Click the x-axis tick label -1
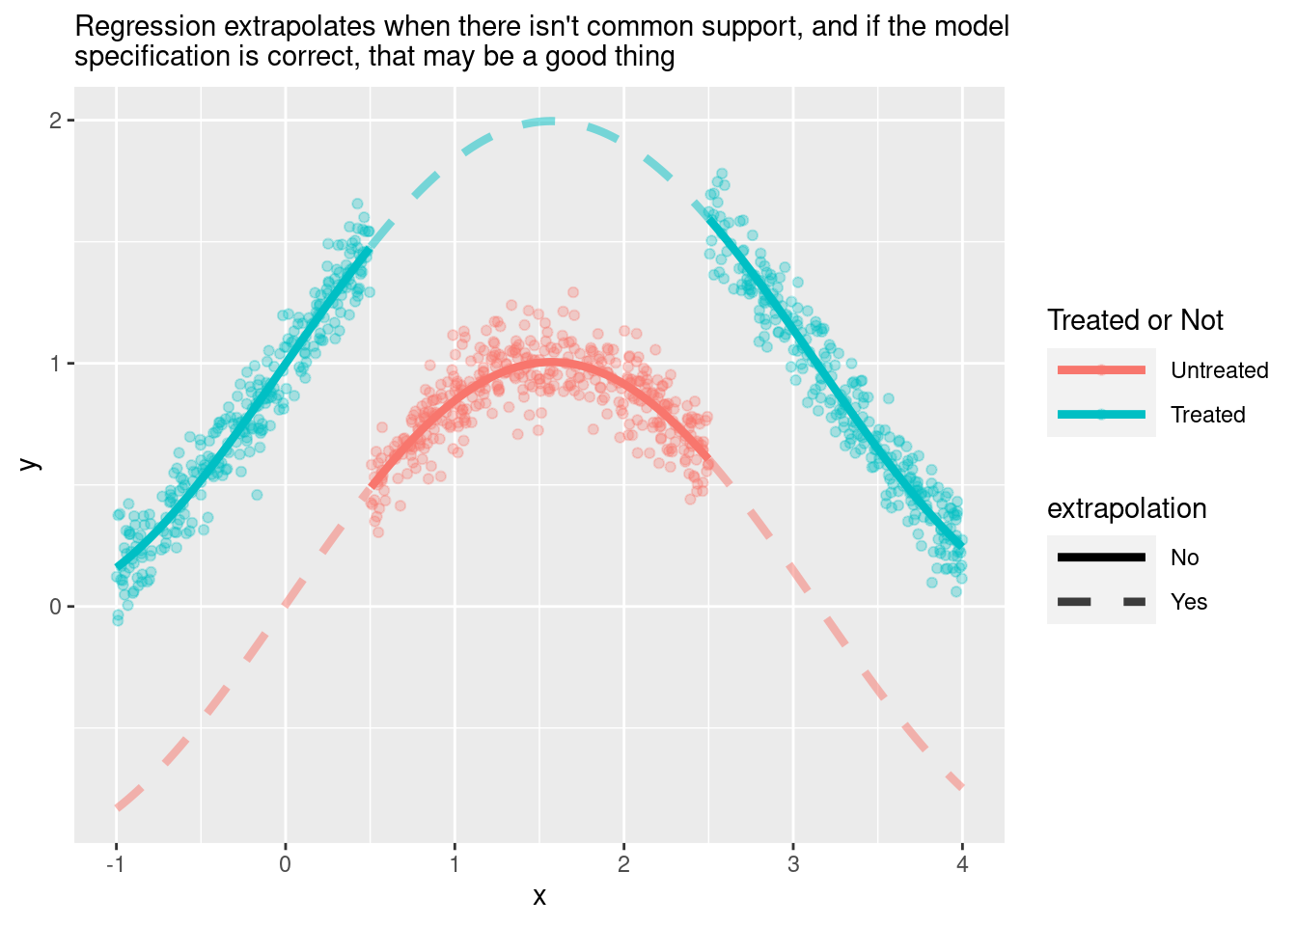[116, 864]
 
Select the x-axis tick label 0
[286, 864]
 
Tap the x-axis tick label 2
[623, 864]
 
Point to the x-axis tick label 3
[793, 864]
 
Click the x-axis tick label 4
[962, 864]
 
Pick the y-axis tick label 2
[56, 121]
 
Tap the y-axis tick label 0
[56, 607]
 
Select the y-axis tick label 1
[56, 364]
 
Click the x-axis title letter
[539, 896]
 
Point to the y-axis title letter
[31, 464]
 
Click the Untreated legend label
[1219, 370]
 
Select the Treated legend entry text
[1207, 415]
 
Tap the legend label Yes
[1188, 602]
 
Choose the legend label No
[1184, 558]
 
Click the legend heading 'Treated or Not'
[1135, 320]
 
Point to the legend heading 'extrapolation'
[1126, 508]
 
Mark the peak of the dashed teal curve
[546, 121]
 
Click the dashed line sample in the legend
[1101, 602]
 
